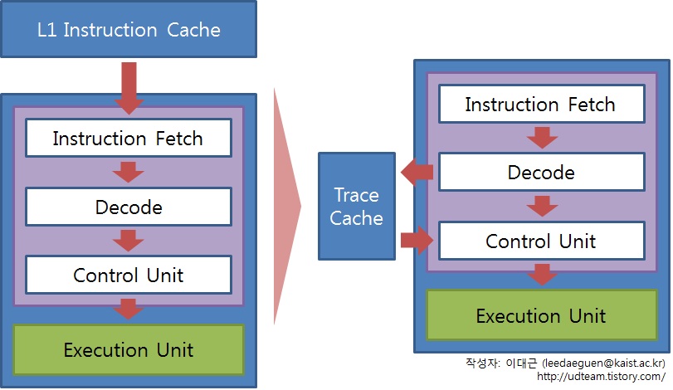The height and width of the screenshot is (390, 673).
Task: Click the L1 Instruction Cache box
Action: [129, 29]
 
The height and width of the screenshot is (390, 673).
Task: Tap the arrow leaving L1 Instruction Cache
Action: [129, 88]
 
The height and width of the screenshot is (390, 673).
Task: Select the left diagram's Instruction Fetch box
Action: [129, 138]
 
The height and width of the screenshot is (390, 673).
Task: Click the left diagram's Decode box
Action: [129, 207]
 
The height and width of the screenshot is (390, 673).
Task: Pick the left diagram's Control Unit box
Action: [129, 275]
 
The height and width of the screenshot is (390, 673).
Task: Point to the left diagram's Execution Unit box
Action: [129, 349]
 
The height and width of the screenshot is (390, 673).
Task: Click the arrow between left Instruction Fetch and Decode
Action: [129, 172]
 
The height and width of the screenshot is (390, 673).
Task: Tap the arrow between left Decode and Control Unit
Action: [129, 241]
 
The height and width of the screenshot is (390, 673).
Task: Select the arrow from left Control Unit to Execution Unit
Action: [129, 309]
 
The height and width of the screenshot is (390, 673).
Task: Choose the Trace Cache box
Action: [357, 207]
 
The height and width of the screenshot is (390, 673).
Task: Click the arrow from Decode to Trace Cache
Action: [417, 172]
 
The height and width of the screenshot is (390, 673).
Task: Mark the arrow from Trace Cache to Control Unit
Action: [417, 241]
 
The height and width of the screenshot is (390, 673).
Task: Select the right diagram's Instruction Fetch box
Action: [542, 104]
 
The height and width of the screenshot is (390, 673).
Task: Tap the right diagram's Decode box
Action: [542, 172]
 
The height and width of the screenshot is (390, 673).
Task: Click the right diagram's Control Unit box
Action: [542, 241]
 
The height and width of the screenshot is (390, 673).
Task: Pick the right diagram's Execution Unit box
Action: [542, 316]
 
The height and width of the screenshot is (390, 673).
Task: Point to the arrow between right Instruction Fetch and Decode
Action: [542, 138]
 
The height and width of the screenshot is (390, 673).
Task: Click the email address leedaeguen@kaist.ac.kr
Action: [604, 363]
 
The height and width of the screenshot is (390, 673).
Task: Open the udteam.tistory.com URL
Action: [602, 376]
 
